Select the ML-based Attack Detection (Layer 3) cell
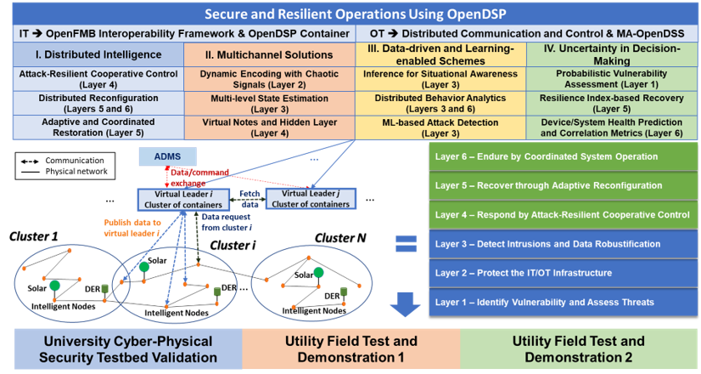[x=440, y=127]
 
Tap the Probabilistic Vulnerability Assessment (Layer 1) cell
[x=612, y=79]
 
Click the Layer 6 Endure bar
[x=564, y=156]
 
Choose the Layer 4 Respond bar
[x=564, y=214]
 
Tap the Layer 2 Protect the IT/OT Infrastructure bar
[x=564, y=273]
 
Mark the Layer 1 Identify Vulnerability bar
[x=564, y=302]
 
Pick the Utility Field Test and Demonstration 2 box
[x=580, y=349]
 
